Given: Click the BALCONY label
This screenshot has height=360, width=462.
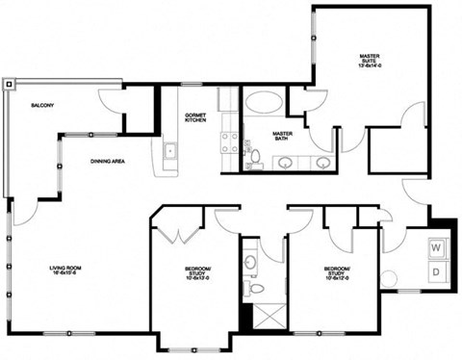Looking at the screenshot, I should tap(41, 105).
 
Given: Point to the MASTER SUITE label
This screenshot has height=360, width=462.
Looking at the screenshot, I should tap(370, 61).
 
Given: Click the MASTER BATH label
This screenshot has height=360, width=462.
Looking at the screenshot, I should tap(282, 136).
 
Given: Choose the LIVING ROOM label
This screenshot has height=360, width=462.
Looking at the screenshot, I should tap(67, 270).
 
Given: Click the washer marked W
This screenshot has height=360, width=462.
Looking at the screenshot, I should tap(435, 247).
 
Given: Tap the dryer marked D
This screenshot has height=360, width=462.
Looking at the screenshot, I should tap(435, 273).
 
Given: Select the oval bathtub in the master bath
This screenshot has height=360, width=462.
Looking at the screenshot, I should tap(263, 102).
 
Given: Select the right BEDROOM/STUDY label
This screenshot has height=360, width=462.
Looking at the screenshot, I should tap(337, 271).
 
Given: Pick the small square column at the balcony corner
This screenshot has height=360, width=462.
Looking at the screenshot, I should tap(10, 84).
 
